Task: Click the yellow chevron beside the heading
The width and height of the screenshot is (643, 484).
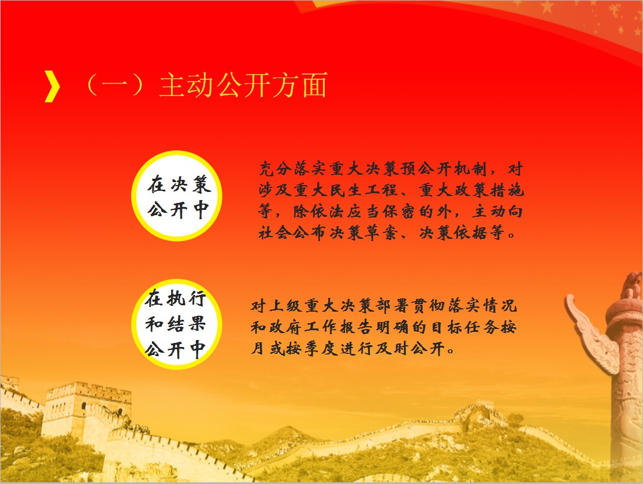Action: point(52,86)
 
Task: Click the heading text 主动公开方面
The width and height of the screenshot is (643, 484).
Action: point(244,86)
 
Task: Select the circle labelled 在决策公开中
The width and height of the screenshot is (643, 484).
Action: point(177,196)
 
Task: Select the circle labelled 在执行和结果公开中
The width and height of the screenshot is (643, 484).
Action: point(177,324)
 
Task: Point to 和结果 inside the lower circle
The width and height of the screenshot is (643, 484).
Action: point(175,324)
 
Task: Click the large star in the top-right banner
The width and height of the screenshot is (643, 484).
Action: point(547,6)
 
